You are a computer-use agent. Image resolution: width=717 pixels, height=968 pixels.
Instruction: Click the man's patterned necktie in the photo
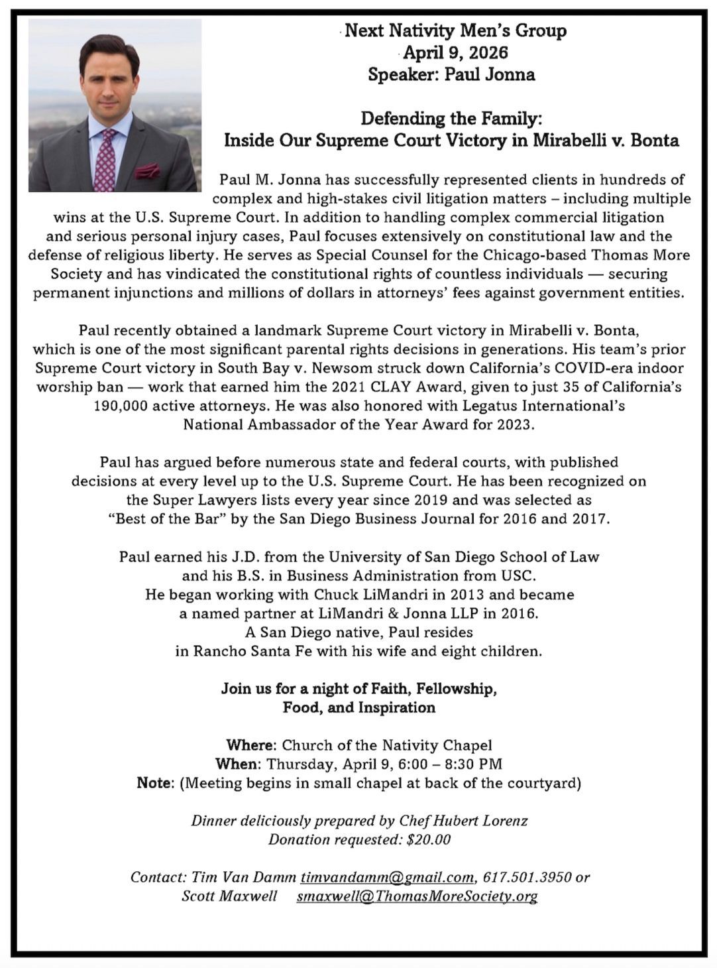coord(105,159)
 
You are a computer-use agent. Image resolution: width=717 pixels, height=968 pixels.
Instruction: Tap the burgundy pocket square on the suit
coord(147,171)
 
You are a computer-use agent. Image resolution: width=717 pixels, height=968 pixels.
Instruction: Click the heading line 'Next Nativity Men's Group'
coord(456,30)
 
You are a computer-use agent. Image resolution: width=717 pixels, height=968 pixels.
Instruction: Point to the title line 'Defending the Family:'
coord(451,119)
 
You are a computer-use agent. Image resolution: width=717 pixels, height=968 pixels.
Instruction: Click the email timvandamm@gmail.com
coord(387,877)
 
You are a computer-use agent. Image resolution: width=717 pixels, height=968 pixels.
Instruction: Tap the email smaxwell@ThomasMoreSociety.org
coord(417,896)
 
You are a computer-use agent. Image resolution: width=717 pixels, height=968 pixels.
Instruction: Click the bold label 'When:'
coord(239,764)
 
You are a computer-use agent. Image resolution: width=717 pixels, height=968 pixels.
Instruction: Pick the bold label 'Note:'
coord(156,783)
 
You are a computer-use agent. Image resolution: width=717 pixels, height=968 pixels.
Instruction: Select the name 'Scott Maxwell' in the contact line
coord(229,896)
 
